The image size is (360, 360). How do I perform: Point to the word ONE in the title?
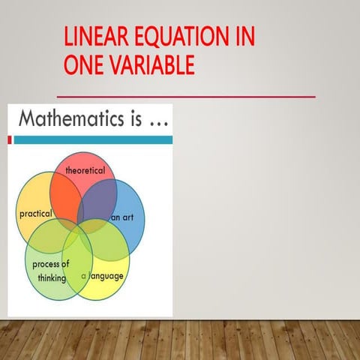tap(82, 66)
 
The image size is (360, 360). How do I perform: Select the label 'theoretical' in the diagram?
tap(85, 171)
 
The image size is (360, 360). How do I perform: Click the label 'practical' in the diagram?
tap(35, 214)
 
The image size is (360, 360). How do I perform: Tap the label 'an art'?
tap(122, 217)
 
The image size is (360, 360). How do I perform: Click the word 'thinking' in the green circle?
tap(52, 277)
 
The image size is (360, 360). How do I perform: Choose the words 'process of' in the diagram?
tap(50, 265)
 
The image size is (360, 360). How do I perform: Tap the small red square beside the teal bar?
tap(10, 139)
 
